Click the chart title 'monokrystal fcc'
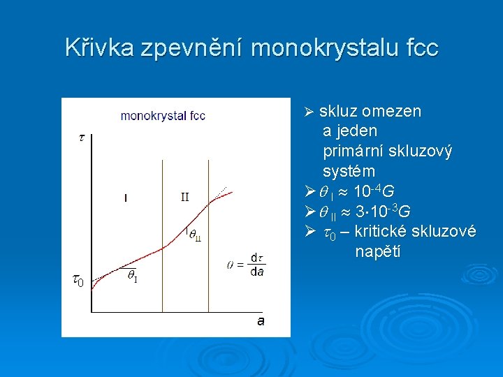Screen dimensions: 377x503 pyautogui.click(x=163, y=116)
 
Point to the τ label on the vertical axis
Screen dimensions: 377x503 pyautogui.click(x=81, y=138)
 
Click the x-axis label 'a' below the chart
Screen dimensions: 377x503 pyautogui.click(x=261, y=320)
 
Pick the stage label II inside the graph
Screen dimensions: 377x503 pyautogui.click(x=184, y=197)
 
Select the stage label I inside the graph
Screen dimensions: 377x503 pyautogui.click(x=125, y=198)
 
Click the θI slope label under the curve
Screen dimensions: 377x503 pyautogui.click(x=132, y=276)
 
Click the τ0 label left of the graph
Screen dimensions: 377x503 pyautogui.click(x=79, y=281)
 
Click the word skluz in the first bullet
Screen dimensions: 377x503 pyautogui.click(x=337, y=112)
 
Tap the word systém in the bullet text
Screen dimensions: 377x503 pyautogui.click(x=349, y=171)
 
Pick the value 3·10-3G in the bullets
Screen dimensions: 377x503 pyautogui.click(x=382, y=211)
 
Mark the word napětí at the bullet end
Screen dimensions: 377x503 pyautogui.click(x=377, y=251)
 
